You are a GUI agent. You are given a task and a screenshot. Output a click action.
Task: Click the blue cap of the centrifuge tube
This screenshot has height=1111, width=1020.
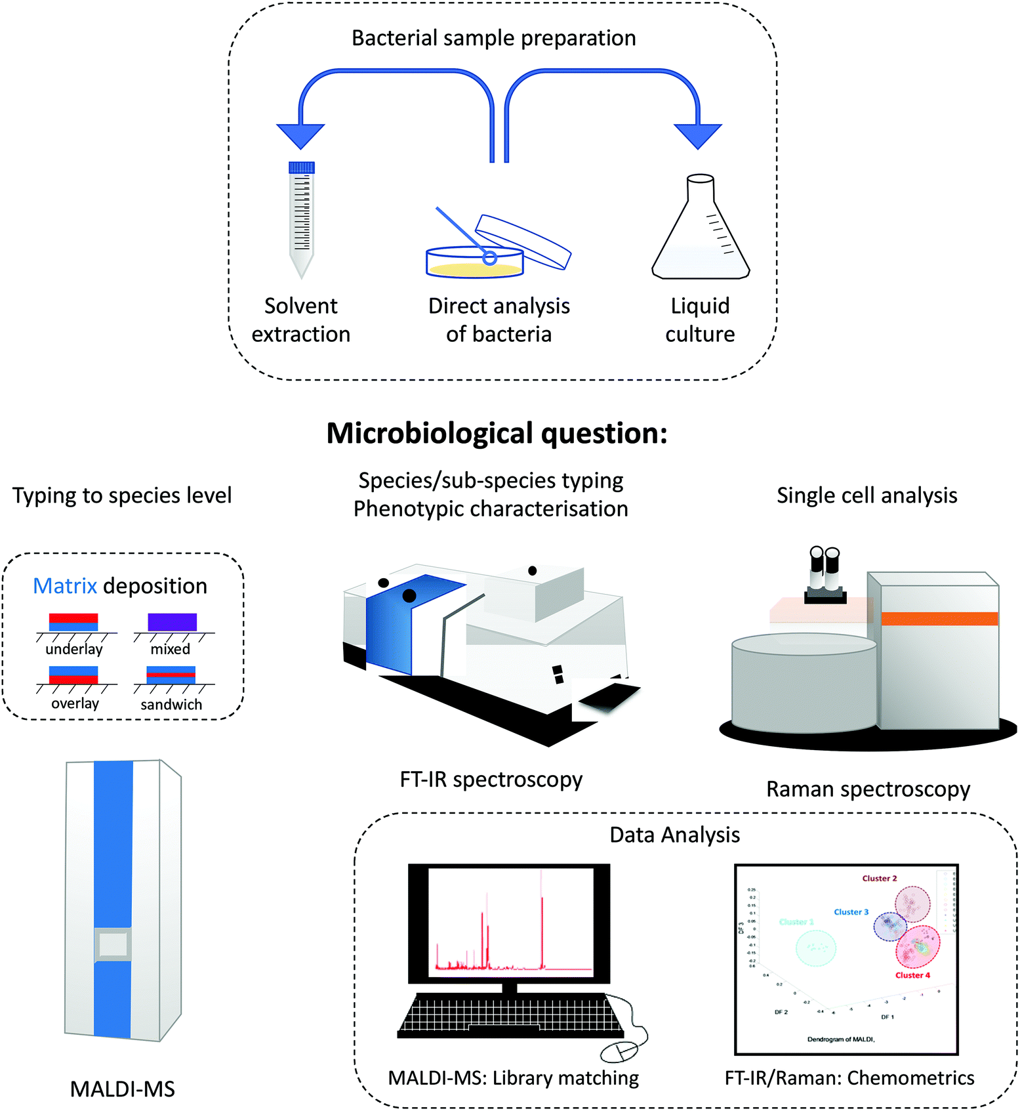pos(302,167)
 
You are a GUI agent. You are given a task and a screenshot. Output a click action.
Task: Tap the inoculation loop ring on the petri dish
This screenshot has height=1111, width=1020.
pos(489,258)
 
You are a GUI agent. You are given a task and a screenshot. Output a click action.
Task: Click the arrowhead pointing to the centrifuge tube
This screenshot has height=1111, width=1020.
pos(300,135)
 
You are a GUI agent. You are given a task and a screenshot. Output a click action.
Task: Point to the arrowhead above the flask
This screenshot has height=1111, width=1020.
pos(698,135)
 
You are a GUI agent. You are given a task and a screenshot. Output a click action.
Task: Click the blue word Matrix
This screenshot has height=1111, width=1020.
pos(65,585)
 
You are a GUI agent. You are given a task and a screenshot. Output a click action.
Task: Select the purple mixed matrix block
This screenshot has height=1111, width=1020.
pos(172,621)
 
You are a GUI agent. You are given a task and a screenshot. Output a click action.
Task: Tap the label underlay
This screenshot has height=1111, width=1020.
pos(74,649)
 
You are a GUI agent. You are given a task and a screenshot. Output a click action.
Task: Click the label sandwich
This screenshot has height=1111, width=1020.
pos(171,704)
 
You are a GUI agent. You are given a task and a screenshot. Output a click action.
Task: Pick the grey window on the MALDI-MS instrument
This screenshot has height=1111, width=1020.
pos(113,945)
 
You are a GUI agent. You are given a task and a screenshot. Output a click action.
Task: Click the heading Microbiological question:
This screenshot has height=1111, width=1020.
pos(497,434)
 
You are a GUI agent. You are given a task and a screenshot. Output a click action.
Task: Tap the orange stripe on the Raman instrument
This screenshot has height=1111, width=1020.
pos(939,618)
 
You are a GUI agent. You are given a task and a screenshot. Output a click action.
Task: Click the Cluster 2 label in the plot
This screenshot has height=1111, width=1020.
pos(879,878)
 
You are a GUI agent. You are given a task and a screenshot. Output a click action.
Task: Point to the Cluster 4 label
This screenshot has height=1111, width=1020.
pos(912,975)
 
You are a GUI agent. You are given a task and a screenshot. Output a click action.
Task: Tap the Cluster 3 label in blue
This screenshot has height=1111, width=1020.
pos(851,912)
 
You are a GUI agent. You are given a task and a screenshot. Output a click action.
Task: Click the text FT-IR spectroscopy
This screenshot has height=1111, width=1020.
pos(491,780)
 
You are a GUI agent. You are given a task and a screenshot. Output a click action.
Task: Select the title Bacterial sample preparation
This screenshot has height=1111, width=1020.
pos(493,38)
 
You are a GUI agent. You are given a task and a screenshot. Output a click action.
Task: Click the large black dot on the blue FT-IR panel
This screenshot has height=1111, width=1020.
pos(409,596)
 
